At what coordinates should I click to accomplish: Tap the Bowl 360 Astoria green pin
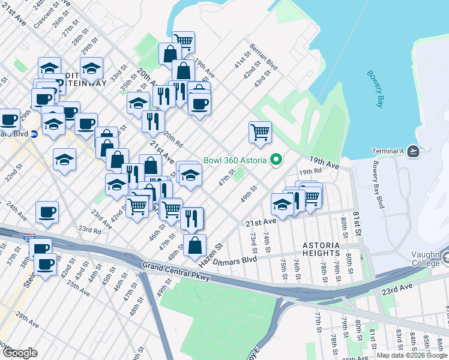[x=276, y=160]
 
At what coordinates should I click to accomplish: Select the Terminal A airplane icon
[x=412, y=151]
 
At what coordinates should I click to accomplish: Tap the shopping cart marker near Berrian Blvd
[x=259, y=132]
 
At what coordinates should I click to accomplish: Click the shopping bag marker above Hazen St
[x=194, y=245]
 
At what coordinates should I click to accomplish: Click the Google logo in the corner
[x=20, y=352]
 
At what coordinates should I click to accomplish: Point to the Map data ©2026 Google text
[x=411, y=355]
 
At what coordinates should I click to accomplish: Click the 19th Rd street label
[x=307, y=172]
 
